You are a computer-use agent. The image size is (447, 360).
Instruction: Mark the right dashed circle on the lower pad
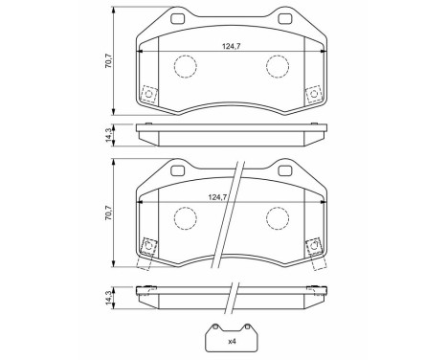point(278,219)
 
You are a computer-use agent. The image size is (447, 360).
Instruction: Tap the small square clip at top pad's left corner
point(148,94)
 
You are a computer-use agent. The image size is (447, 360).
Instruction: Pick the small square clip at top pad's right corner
point(311,94)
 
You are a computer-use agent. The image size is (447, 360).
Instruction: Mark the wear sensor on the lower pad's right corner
point(311,247)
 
